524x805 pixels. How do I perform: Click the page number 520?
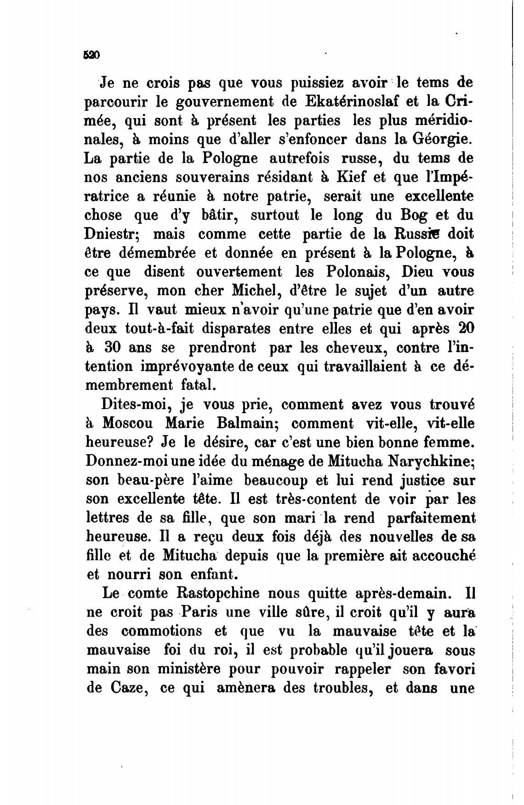91,55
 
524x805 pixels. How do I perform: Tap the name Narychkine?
432,461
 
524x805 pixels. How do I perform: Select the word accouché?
444,556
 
